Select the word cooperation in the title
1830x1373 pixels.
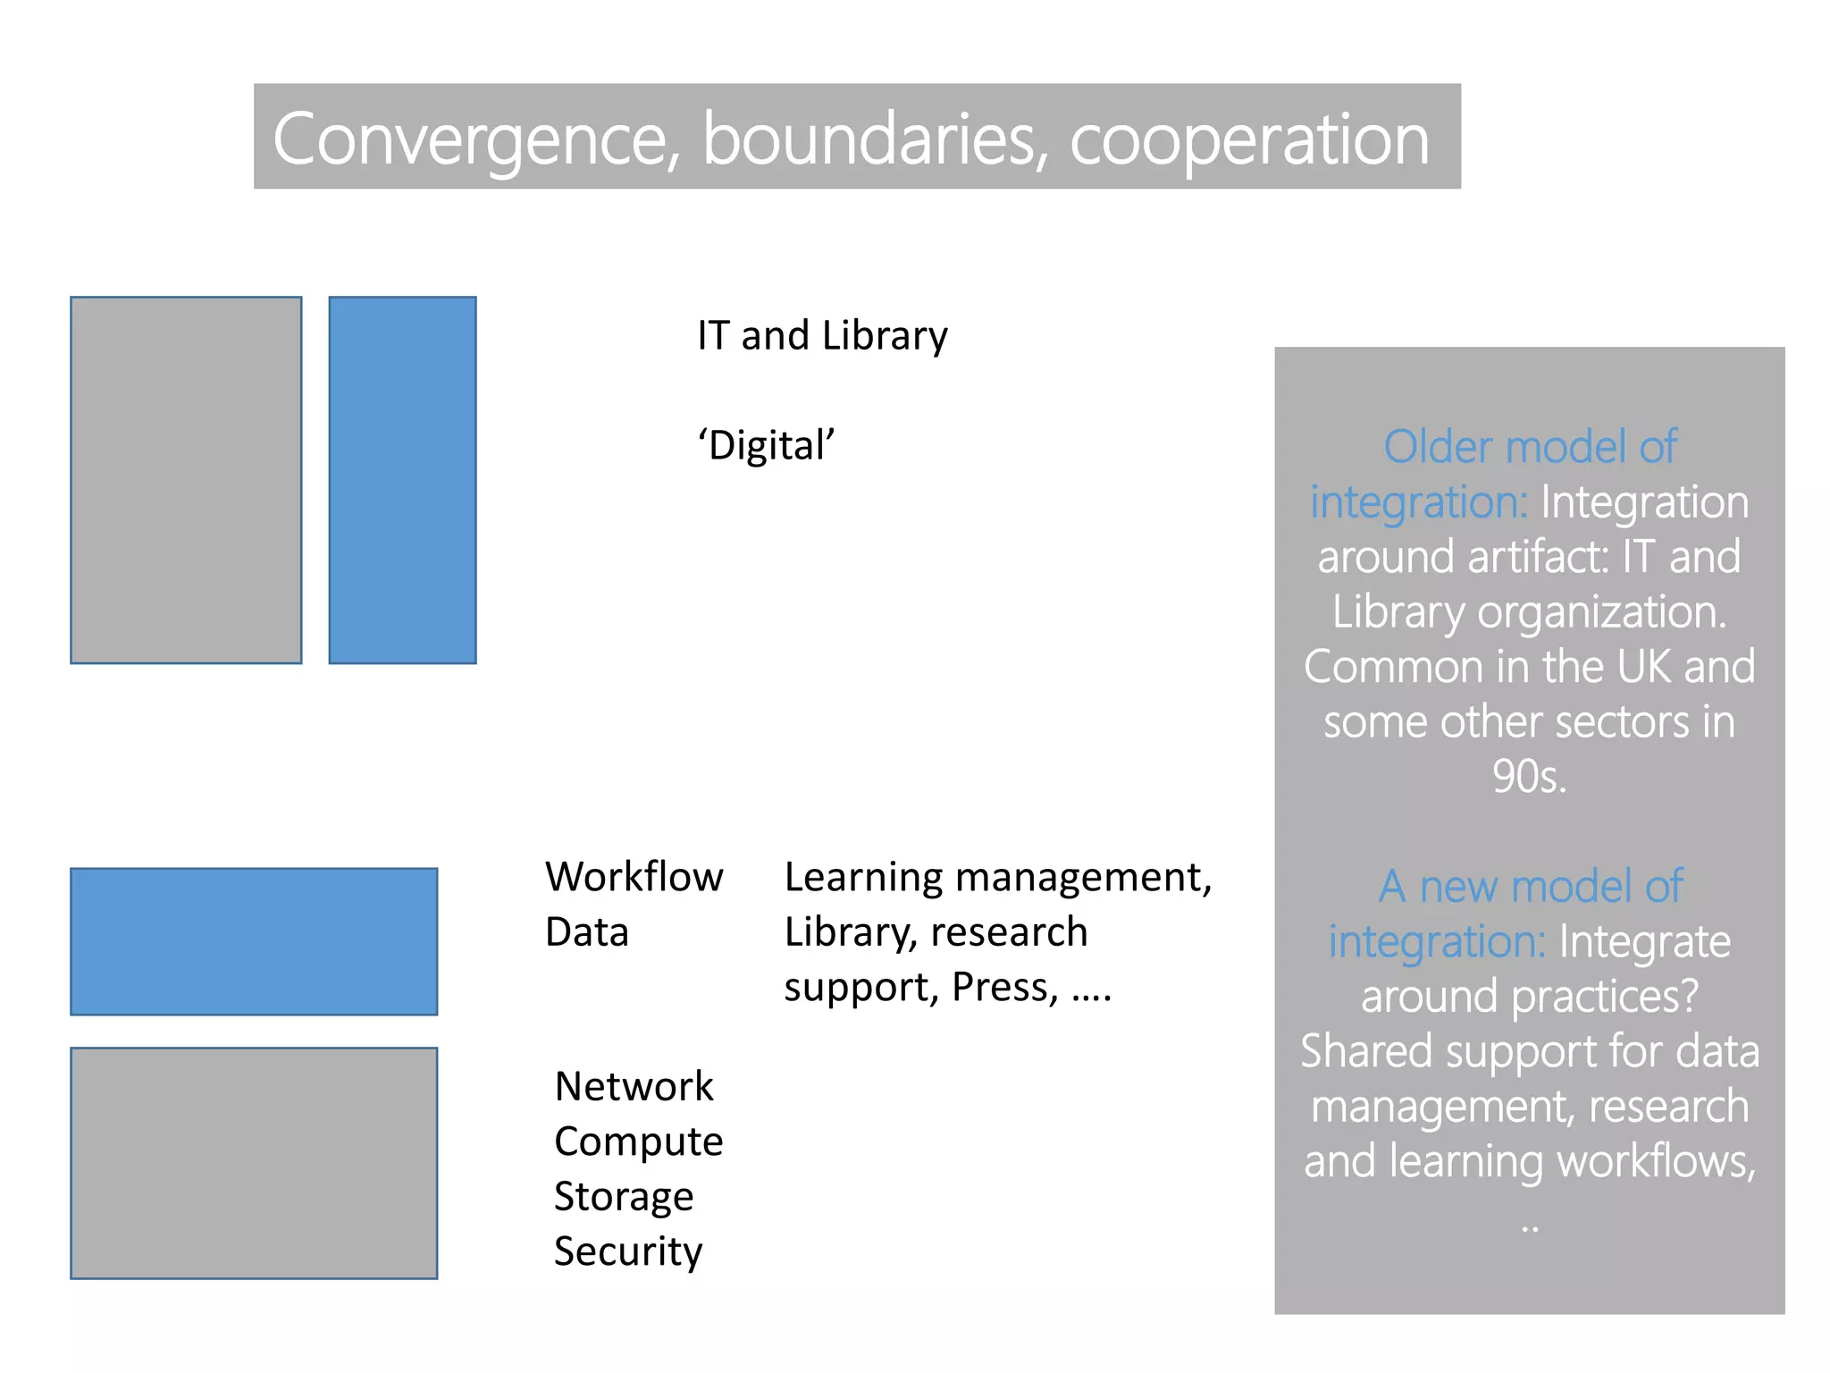click(x=1249, y=140)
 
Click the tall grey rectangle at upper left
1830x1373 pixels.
click(x=186, y=480)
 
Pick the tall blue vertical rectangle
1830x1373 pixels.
click(x=402, y=480)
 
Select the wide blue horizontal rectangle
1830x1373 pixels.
click(x=254, y=941)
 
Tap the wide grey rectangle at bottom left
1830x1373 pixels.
click(x=254, y=1163)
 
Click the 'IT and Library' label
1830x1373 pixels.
click(x=822, y=336)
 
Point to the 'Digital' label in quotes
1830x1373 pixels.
click(x=767, y=445)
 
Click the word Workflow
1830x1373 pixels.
click(x=634, y=877)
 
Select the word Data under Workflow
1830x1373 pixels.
click(x=587, y=932)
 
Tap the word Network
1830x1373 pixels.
click(x=634, y=1087)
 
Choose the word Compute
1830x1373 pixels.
click(x=638, y=1141)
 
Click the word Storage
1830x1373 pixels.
click(x=624, y=1197)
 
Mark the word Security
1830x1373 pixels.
click(x=628, y=1251)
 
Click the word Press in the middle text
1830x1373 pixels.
click(x=1004, y=988)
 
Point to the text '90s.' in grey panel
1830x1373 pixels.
click(x=1529, y=776)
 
